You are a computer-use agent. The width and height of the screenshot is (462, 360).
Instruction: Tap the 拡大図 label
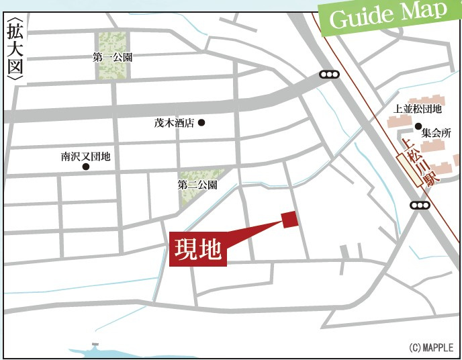(x=14, y=52)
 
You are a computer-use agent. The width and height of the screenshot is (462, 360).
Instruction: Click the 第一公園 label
(x=113, y=58)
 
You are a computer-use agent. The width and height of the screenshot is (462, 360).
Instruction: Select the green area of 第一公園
(x=113, y=42)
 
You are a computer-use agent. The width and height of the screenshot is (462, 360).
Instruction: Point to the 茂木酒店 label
(x=173, y=123)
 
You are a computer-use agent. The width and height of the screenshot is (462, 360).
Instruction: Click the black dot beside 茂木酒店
(x=201, y=123)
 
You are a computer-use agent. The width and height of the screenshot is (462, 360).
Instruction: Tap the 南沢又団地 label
(x=85, y=156)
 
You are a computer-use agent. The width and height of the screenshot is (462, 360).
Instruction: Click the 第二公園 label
(x=197, y=184)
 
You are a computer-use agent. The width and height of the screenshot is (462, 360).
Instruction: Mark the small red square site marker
(x=290, y=220)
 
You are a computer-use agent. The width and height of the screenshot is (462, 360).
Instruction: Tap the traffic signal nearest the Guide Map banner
(x=329, y=75)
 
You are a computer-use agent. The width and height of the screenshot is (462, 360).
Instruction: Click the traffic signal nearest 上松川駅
(x=419, y=206)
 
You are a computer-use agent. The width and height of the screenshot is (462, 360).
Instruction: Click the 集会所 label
(x=436, y=134)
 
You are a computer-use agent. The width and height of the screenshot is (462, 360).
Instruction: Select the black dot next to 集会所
(x=418, y=126)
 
